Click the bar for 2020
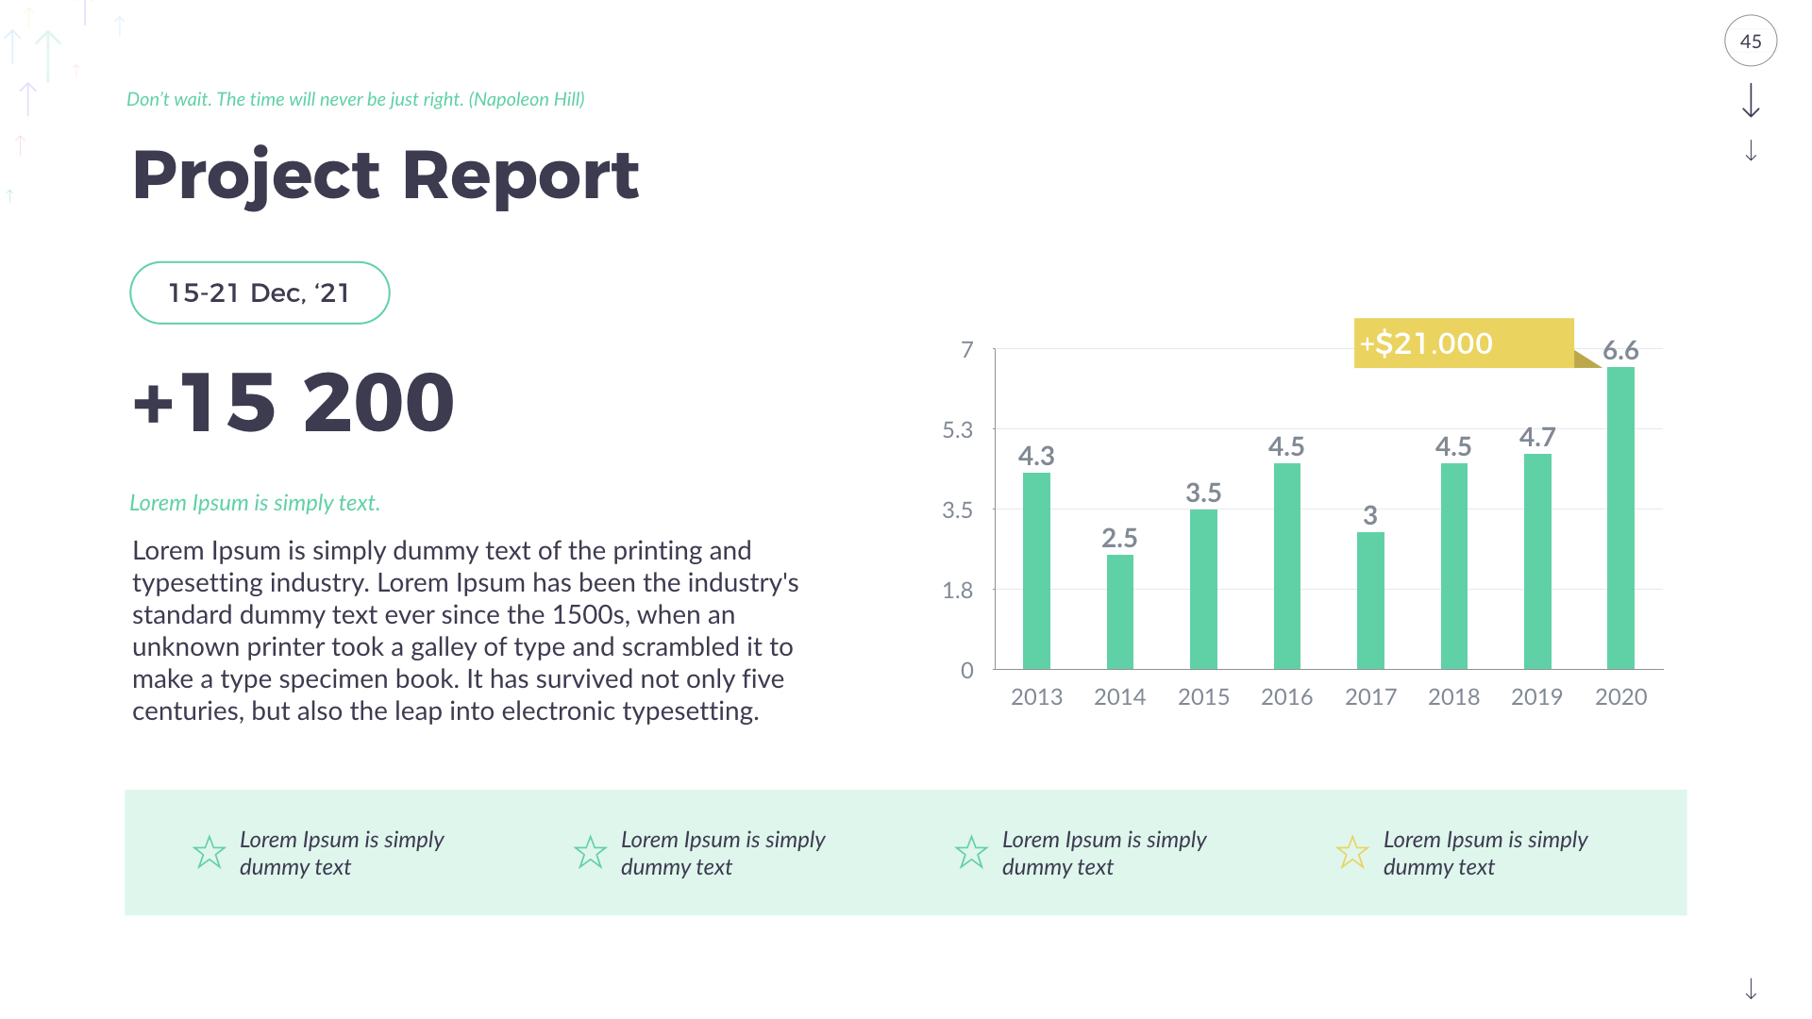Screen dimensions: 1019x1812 (1620, 519)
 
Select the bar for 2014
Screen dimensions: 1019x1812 (1119, 612)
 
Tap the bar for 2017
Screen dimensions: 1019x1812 (1370, 601)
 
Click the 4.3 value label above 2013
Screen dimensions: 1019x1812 (1036, 457)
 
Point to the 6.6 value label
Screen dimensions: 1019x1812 (1620, 351)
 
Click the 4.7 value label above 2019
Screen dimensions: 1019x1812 (1537, 438)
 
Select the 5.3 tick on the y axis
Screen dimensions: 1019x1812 (957, 430)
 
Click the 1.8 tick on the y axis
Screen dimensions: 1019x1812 (957, 591)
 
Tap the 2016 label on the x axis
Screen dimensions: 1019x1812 (1286, 697)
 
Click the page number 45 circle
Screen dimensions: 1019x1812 (1751, 42)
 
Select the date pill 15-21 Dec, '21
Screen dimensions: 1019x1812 (260, 293)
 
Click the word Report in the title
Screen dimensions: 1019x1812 (521, 176)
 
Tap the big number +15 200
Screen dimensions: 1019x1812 (294, 403)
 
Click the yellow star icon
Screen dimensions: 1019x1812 (1352, 853)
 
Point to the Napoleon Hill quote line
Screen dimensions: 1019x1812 (356, 99)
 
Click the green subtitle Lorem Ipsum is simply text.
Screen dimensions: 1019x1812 (255, 503)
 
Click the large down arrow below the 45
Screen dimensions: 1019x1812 (1751, 101)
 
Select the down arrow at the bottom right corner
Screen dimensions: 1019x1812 (1751, 989)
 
